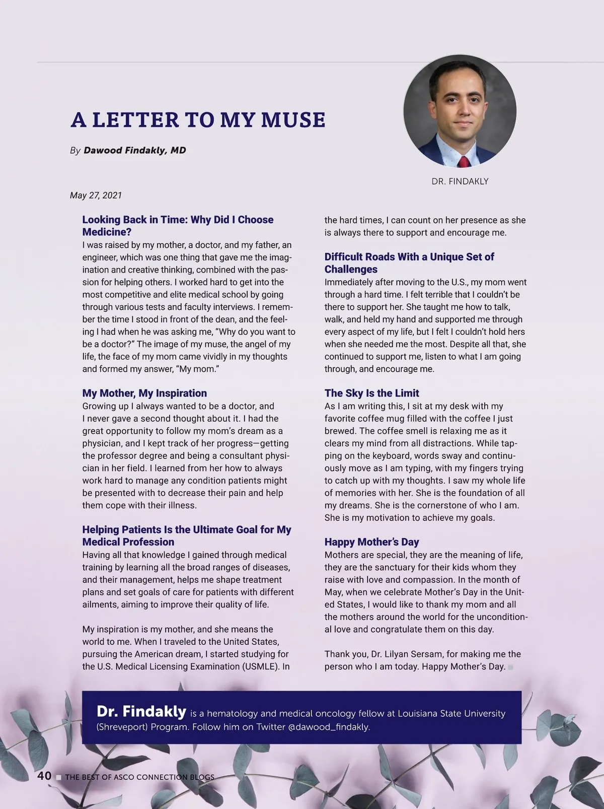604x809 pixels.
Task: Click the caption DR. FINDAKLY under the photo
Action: point(460,181)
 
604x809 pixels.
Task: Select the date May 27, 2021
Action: point(96,195)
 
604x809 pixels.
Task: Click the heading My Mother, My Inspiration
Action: point(144,393)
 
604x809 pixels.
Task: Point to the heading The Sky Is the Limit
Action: point(371,393)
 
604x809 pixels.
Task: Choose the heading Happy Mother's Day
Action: point(371,542)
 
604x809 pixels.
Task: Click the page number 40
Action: point(44,776)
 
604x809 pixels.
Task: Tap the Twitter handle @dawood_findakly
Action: point(329,727)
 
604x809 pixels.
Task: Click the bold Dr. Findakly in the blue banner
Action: point(141,712)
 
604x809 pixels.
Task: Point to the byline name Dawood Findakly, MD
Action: point(134,150)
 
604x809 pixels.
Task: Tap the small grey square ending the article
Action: point(510,667)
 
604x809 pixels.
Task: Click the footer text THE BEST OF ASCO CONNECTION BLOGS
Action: point(139,777)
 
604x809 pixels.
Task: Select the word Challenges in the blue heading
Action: point(351,269)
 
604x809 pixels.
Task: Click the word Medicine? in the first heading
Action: point(107,232)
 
